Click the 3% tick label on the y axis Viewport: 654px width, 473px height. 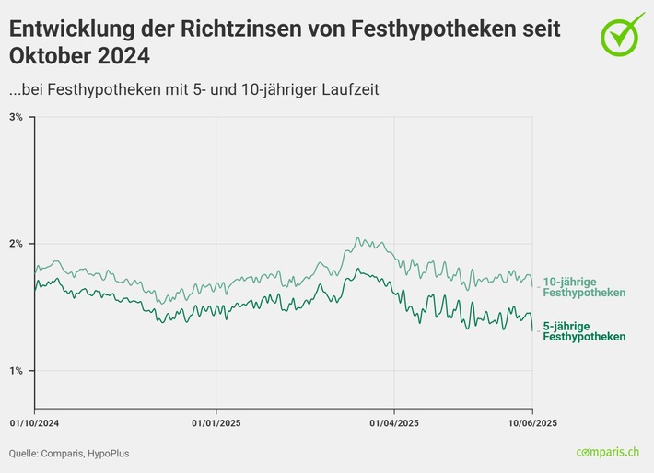(x=17, y=117)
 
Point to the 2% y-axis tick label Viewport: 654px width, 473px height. (x=17, y=244)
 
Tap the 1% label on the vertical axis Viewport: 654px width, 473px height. (x=17, y=370)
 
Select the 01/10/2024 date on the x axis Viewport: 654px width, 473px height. (x=34, y=423)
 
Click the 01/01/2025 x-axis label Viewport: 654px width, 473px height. (x=216, y=423)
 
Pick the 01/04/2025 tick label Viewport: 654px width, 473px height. (x=394, y=423)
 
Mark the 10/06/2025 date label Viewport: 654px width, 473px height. (x=532, y=423)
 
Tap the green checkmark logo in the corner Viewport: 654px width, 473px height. (x=623, y=32)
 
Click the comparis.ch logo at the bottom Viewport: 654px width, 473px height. (x=607, y=452)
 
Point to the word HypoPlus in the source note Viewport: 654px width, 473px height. (x=97, y=453)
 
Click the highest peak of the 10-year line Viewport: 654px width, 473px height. (x=357, y=237)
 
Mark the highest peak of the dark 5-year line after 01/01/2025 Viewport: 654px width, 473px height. (x=357, y=270)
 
